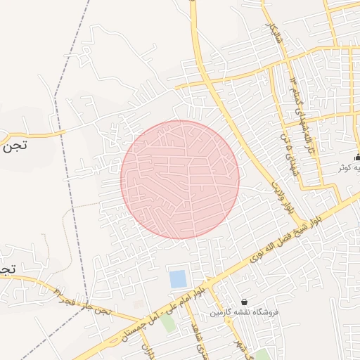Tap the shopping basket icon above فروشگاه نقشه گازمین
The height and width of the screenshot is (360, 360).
pyautogui.click(x=244, y=301)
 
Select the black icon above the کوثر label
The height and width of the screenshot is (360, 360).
pyautogui.click(x=358, y=157)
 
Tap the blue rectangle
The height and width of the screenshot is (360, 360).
pyautogui.click(x=179, y=278)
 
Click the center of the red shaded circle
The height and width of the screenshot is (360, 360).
pyautogui.click(x=180, y=179)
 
